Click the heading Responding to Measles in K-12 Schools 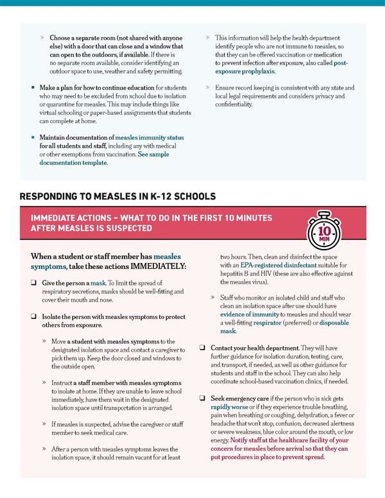tap(117, 196)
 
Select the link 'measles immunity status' tap(149, 137)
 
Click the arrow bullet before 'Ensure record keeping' tap(208, 87)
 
